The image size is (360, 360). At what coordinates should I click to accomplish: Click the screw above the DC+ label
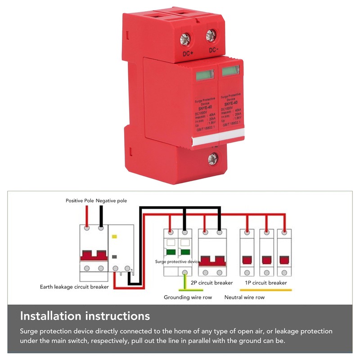(x=186, y=39)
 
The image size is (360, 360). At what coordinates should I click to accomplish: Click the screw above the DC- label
(x=211, y=36)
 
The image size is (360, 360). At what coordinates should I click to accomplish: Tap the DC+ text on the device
(x=188, y=55)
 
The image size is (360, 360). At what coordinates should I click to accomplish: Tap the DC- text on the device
(x=214, y=50)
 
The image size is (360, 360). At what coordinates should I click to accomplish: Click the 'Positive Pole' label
(x=80, y=200)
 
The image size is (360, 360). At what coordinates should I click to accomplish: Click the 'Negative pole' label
(x=111, y=200)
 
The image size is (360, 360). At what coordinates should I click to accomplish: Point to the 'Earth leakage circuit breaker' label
(x=74, y=287)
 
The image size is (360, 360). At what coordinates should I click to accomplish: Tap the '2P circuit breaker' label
(x=211, y=283)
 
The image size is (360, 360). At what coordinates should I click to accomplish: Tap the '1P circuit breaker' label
(x=265, y=283)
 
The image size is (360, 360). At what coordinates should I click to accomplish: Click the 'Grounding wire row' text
(x=188, y=297)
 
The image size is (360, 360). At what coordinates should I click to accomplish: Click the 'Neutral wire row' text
(x=244, y=297)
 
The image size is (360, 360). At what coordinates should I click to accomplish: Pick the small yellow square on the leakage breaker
(x=114, y=236)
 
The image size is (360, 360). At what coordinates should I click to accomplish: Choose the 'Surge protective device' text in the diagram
(x=177, y=261)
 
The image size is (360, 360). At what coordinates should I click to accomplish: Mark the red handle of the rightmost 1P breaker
(x=284, y=260)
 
